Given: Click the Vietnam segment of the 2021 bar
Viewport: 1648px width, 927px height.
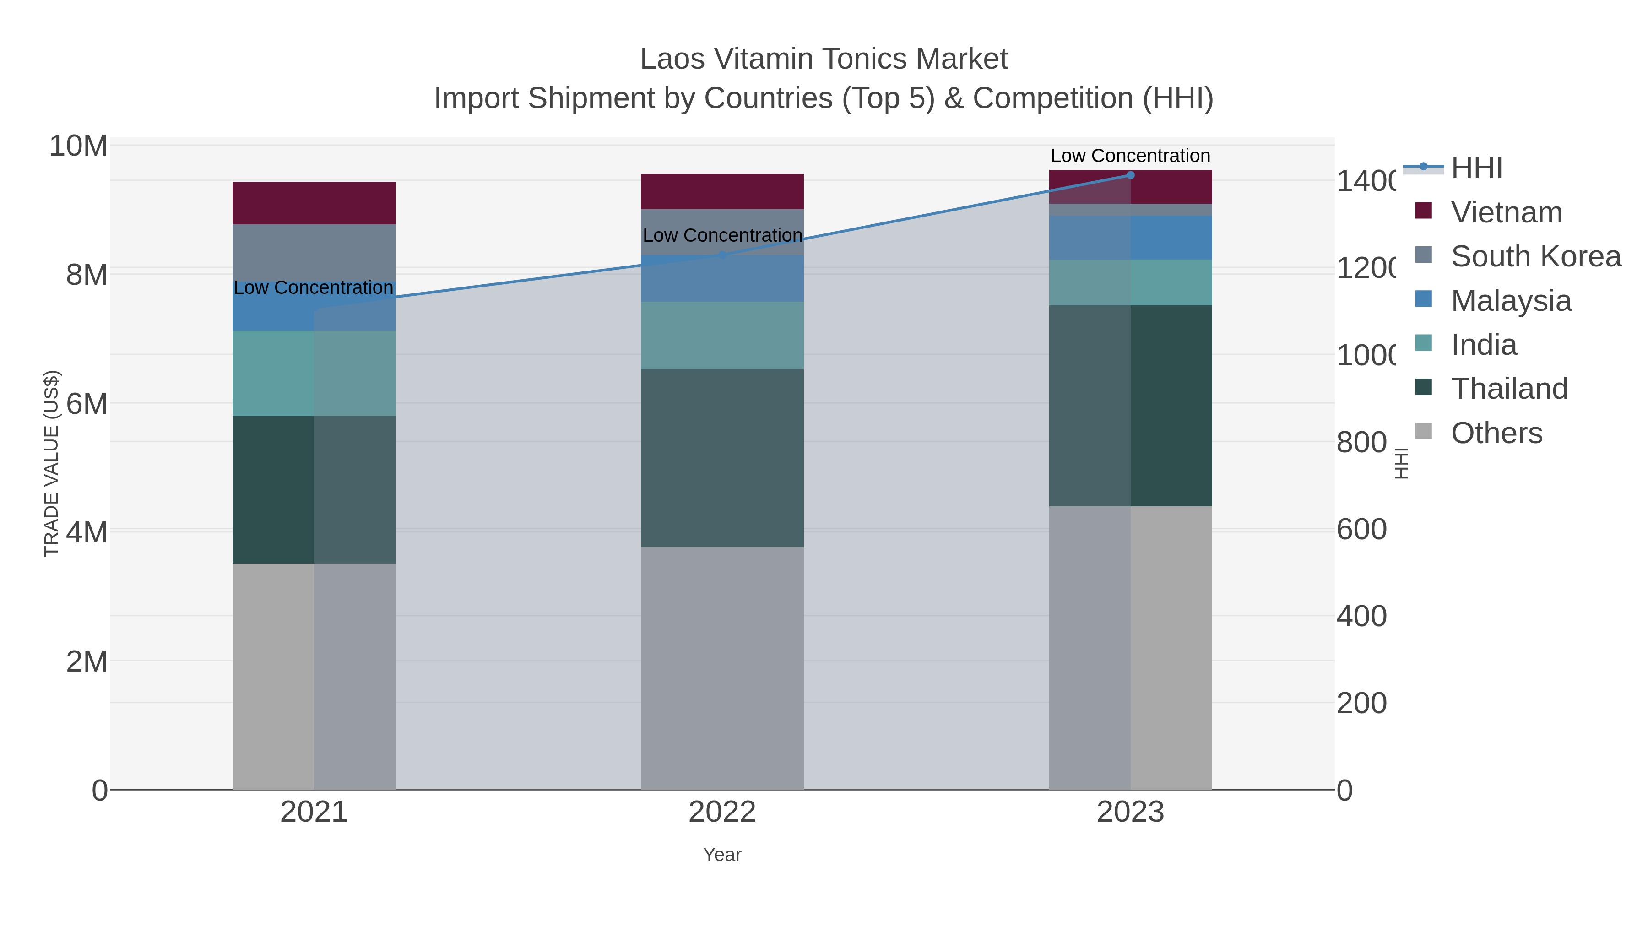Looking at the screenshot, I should pyautogui.click(x=314, y=203).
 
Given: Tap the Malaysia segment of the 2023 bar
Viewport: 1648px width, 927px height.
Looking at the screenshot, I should pyautogui.click(x=1130, y=237).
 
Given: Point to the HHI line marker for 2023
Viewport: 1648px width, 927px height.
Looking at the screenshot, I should pyautogui.click(x=1130, y=175).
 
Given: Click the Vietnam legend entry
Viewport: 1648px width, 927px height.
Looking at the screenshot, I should pyautogui.click(x=1506, y=212).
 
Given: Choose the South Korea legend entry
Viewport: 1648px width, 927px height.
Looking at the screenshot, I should pyautogui.click(x=1535, y=256).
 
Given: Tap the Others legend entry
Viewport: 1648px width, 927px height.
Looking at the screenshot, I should pyautogui.click(x=1496, y=433).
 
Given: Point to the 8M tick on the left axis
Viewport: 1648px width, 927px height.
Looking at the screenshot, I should pyautogui.click(x=87, y=275).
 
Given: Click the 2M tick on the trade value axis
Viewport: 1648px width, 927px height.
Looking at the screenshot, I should pyautogui.click(x=87, y=661).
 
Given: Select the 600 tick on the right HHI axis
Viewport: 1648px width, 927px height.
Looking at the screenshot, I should pyautogui.click(x=1361, y=530).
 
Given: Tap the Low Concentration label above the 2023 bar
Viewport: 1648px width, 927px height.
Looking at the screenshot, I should pyautogui.click(x=1130, y=156).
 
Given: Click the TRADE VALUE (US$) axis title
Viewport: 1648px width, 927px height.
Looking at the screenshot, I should pyautogui.click(x=51, y=463).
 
